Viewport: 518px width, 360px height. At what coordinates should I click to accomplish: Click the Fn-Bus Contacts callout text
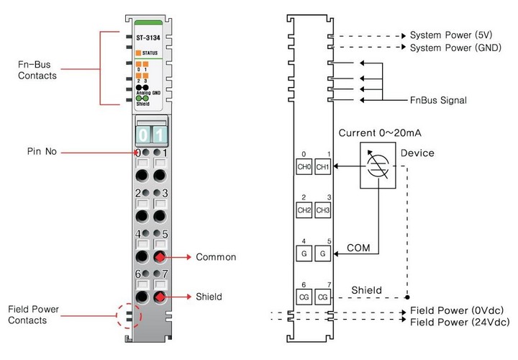tap(37, 69)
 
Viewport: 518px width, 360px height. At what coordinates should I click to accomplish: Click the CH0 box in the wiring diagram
tap(304, 167)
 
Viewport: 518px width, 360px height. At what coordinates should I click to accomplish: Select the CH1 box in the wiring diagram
tap(323, 167)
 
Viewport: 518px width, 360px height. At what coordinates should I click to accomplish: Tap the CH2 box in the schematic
tap(304, 210)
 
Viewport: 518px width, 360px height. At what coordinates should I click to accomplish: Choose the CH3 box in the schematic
tap(323, 210)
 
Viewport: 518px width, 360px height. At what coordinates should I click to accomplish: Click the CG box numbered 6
tap(304, 296)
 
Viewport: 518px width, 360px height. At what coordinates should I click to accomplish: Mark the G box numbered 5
tap(323, 253)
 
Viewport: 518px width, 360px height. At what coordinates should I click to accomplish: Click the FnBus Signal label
tap(438, 100)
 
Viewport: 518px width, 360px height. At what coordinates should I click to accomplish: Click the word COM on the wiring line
tap(359, 247)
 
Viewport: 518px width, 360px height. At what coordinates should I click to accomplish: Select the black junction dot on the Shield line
tap(407, 296)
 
